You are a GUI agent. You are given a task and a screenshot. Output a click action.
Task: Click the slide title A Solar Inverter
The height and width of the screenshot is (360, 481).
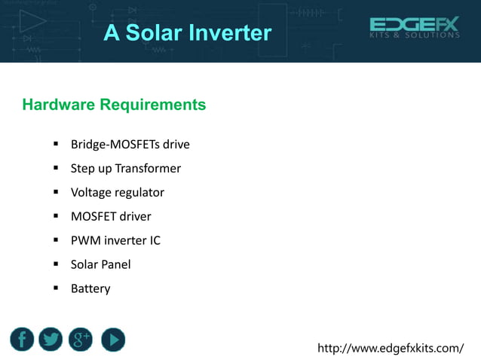pos(187,33)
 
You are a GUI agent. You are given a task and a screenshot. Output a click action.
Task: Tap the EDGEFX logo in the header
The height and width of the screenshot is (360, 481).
pos(414,24)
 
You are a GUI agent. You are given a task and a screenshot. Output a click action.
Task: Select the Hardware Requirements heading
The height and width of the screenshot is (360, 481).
pos(114,105)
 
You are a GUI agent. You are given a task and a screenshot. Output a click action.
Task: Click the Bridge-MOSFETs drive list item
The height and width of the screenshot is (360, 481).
pos(130,145)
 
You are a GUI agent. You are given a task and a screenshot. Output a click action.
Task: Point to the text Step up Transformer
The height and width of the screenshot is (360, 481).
pos(125,169)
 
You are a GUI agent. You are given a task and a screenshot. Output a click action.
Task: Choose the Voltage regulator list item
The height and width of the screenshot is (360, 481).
pos(117,193)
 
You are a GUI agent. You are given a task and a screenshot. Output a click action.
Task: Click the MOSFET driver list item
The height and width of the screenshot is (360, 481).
pos(111,217)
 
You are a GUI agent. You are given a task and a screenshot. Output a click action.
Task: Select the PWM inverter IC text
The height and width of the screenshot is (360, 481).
pos(115,241)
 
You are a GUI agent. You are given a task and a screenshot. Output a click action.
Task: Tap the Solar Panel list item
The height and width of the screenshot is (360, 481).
pos(100,264)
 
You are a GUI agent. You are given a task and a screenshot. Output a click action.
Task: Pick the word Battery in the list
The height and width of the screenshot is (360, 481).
pos(90,288)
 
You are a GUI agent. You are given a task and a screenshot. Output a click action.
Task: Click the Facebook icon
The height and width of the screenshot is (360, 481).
pos(22,340)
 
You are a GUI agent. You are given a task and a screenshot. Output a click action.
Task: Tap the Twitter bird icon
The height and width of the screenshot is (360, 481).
pos(51,340)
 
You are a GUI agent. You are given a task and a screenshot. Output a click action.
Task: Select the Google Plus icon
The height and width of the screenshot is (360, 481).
pos(81,340)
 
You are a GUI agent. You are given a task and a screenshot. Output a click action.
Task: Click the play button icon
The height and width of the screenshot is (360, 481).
pos(112,340)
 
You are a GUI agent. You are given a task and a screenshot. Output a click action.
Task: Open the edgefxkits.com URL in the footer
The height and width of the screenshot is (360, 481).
pos(391,348)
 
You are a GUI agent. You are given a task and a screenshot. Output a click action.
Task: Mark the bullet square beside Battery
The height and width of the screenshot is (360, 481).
pos(56,288)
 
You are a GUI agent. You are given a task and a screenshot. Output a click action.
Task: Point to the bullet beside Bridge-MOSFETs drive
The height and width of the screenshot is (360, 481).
pos(56,144)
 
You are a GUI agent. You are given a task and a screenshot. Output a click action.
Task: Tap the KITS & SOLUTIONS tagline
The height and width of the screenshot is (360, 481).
pos(414,35)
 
